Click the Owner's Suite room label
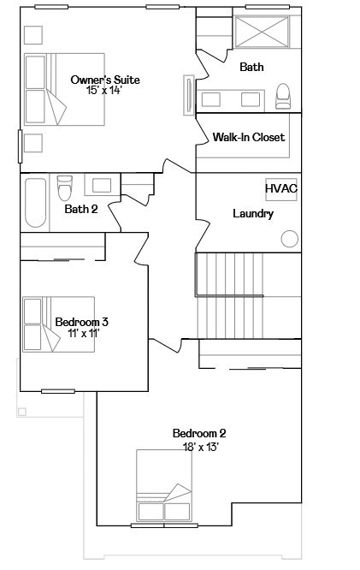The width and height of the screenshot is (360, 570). tap(105, 80)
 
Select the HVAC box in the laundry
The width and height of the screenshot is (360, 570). tap(281, 188)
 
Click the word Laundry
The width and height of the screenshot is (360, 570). tap(253, 213)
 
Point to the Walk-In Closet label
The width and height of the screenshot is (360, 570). tap(249, 137)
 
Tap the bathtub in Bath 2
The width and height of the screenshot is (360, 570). tap(36, 202)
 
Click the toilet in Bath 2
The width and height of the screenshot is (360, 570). tap(66, 185)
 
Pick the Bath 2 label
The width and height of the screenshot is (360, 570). tap(81, 208)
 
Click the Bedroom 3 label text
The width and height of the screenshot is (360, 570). tap(81, 322)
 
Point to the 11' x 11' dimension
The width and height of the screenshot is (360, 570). tap(83, 333)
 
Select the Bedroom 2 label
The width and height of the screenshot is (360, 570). tap(199, 433)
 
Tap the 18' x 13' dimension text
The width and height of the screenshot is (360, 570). tap(201, 446)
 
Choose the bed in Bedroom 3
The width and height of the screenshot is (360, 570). tap(43, 324)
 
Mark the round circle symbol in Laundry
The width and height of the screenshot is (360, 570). tap(290, 238)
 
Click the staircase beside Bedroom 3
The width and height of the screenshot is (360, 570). tap(248, 295)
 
